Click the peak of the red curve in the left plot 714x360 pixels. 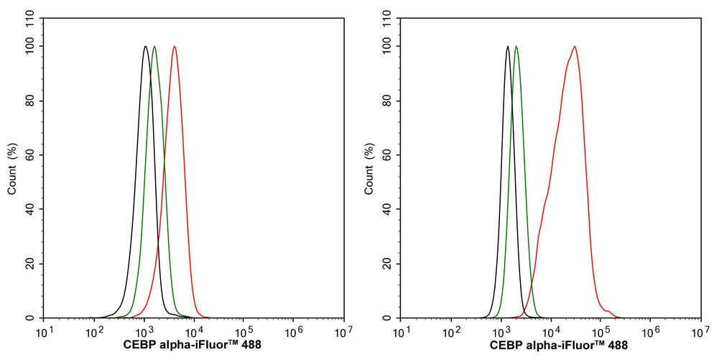[175, 47]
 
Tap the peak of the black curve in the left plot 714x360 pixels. [145, 47]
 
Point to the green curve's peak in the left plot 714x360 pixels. [154, 47]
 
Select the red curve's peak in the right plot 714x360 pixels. [575, 47]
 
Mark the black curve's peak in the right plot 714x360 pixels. [508, 47]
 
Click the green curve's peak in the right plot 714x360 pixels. [516, 47]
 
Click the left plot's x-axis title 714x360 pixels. [193, 346]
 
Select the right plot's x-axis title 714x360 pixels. [559, 346]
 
